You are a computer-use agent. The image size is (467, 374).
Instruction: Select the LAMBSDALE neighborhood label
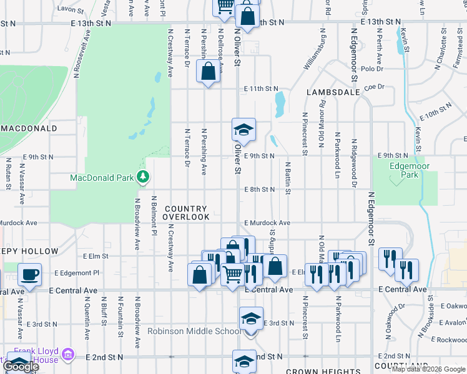coord(333,92)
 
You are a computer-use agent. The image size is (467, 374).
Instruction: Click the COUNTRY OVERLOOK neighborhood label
coord(186,213)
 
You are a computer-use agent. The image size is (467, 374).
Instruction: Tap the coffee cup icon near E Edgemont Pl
coord(29,273)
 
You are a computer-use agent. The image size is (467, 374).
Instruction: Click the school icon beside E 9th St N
coord(243,130)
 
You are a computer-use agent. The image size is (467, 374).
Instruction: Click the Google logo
coord(21,367)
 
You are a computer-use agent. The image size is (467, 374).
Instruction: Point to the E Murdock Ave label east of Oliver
coord(267,223)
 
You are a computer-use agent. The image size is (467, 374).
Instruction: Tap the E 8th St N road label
coord(260,189)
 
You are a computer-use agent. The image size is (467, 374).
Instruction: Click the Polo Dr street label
coord(371,69)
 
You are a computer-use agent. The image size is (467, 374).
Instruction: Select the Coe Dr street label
coord(376,87)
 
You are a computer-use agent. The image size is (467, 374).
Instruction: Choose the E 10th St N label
coord(438,113)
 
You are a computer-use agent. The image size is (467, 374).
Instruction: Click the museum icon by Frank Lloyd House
coord(69,355)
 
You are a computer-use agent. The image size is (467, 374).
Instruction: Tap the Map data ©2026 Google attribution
coord(428,369)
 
